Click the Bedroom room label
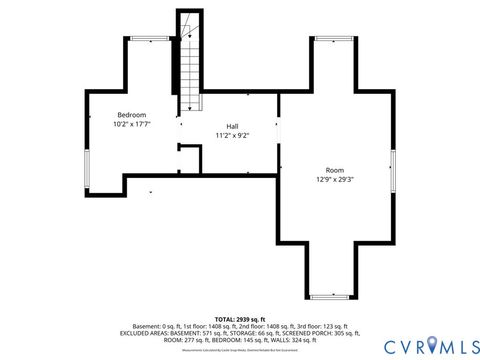tap(133, 115)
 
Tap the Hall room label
tap(232, 126)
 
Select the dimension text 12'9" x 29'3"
tap(335, 180)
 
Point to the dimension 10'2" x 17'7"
tap(133, 125)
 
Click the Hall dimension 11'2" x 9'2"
tap(232, 136)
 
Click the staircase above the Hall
tap(190, 70)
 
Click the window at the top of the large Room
tap(334, 39)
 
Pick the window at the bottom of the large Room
tap(331, 296)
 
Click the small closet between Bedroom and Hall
tap(187, 161)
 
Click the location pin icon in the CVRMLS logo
tap(431, 345)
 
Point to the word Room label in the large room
tap(335, 170)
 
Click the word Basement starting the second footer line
tap(146, 327)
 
